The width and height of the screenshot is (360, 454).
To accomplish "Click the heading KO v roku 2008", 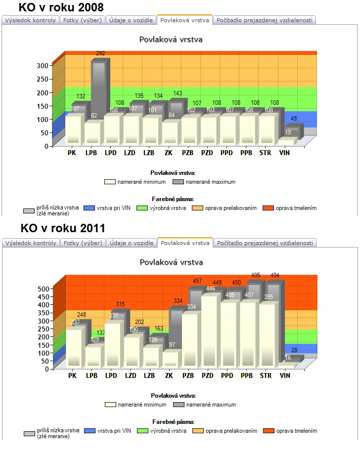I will click(x=61, y=7).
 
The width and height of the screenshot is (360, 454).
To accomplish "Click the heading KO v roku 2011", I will click(x=63, y=228).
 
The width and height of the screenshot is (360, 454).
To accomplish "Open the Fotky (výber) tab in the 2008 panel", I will click(x=83, y=20).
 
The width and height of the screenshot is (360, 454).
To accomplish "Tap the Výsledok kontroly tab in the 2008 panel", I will click(x=30, y=20).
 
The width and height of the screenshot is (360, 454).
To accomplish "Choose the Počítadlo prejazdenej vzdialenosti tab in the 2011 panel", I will click(x=265, y=243).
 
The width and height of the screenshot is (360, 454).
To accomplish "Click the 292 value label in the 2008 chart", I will click(x=100, y=53).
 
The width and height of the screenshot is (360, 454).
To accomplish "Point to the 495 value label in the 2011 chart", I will click(x=256, y=275).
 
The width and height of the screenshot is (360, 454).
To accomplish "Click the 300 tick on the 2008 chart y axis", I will click(x=43, y=65).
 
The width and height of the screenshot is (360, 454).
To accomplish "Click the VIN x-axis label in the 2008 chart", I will click(x=284, y=153).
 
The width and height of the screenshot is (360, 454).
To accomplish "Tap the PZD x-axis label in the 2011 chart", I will click(x=208, y=376).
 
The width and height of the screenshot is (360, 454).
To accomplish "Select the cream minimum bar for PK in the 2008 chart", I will click(x=73, y=129).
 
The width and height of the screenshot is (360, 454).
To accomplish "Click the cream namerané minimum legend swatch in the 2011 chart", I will click(x=111, y=405).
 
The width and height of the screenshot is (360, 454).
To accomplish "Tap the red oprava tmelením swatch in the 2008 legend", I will click(x=268, y=208).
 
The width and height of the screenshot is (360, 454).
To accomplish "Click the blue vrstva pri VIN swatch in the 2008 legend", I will click(x=89, y=208).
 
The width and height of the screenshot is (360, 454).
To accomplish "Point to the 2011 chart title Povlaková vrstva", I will click(x=171, y=262).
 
